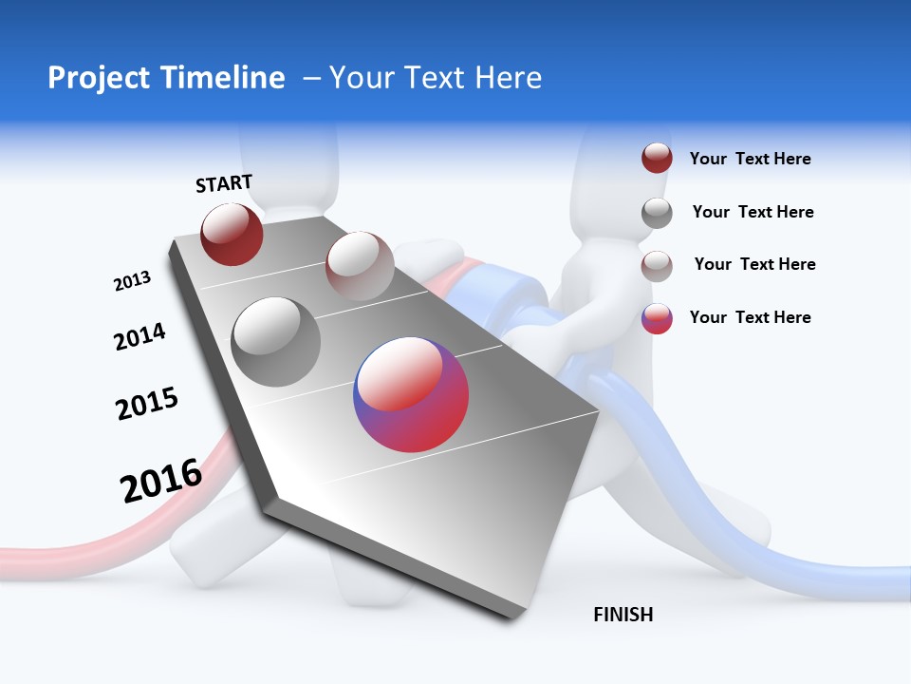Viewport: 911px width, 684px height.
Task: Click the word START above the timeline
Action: pos(224,183)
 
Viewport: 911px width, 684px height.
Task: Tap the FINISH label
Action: pos(623,615)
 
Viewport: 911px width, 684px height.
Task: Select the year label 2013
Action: pos(132,281)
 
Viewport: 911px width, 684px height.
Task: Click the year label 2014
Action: pos(139,336)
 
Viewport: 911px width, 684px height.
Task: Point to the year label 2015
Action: pos(147,404)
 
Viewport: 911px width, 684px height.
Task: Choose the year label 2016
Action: pos(161,480)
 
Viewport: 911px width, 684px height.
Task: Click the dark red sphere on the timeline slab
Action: pos(232,235)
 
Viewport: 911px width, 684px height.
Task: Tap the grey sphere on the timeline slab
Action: pos(276,341)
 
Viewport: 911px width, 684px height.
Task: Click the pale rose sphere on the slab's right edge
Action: pos(360,265)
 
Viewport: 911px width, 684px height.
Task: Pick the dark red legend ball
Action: pos(657,159)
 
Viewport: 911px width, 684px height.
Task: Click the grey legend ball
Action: pos(657,212)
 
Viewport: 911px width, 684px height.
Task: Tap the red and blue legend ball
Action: pos(657,318)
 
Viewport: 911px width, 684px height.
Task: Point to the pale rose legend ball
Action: pos(657,265)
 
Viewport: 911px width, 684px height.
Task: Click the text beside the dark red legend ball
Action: pos(750,159)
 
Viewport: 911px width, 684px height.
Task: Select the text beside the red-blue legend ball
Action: pos(750,317)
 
